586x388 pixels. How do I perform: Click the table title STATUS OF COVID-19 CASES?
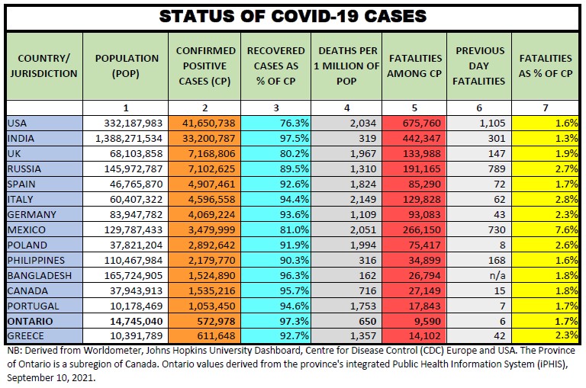pos(292,16)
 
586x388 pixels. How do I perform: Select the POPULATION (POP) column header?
pos(127,66)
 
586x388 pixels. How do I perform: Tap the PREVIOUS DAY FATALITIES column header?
pos(480,66)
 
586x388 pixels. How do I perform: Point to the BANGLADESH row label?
pos(39,275)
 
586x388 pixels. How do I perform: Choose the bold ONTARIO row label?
pos(30,321)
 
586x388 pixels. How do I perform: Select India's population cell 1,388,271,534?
pos(126,138)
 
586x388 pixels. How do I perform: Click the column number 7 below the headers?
pos(545,108)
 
